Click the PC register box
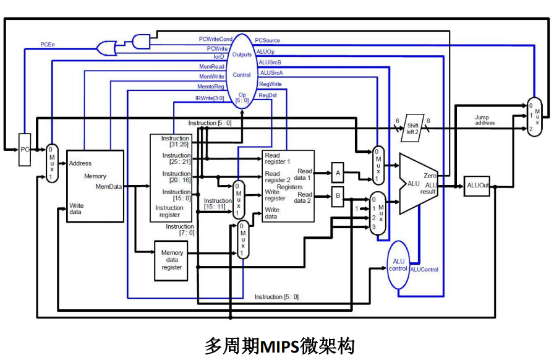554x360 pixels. click(25, 149)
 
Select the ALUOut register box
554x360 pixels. click(477, 185)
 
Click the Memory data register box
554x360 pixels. click(171, 260)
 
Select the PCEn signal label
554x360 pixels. click(48, 45)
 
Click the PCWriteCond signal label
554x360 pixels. click(215, 39)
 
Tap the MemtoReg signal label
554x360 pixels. click(211, 87)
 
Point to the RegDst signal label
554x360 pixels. click(268, 95)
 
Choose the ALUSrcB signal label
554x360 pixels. click(270, 62)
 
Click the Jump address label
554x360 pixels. click(485, 120)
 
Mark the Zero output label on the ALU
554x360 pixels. click(430, 176)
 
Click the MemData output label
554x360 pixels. click(109, 186)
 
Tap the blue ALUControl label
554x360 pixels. click(424, 270)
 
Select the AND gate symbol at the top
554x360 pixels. click(142, 41)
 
